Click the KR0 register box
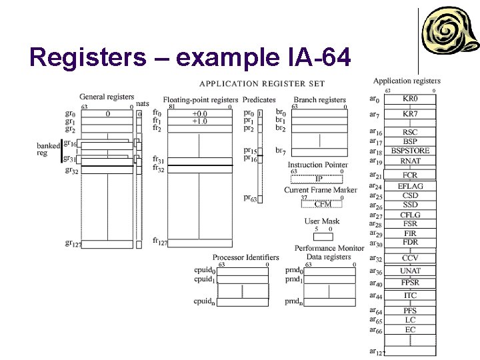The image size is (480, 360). [x=410, y=99]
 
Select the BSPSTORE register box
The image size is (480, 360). [x=410, y=151]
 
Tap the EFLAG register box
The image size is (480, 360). [x=410, y=186]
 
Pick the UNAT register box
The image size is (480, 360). [x=410, y=271]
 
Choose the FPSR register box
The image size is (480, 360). [x=410, y=283]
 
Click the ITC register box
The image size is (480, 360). [x=410, y=295]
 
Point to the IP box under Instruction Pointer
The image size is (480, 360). [x=318, y=179]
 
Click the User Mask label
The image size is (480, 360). [x=322, y=221]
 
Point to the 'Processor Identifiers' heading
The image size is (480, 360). [x=245, y=257]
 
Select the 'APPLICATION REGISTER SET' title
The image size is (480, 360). [x=262, y=83]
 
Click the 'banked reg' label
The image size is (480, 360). [x=48, y=149]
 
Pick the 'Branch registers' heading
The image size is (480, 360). [x=319, y=100]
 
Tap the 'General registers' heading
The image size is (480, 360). [x=107, y=97]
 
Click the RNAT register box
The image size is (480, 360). [x=410, y=161]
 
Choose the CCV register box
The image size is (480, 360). [x=410, y=258]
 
